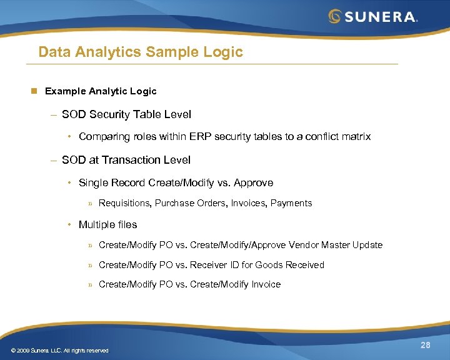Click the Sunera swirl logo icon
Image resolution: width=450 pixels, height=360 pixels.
pos(335,16)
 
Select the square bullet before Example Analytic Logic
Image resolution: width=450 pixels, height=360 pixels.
pos(36,91)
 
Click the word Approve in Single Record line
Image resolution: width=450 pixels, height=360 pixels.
pos(253,182)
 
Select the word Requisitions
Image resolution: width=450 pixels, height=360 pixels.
pos(124,203)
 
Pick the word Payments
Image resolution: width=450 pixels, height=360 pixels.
pos(291,203)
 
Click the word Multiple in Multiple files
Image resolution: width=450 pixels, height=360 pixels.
pos(96,224)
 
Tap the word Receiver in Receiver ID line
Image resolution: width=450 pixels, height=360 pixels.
pos(209,265)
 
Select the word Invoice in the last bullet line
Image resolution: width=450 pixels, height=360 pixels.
pos(266,284)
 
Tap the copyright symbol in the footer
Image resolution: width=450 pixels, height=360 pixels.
pos(6,351)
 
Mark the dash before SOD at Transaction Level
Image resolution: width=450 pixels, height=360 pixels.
pos(54,160)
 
